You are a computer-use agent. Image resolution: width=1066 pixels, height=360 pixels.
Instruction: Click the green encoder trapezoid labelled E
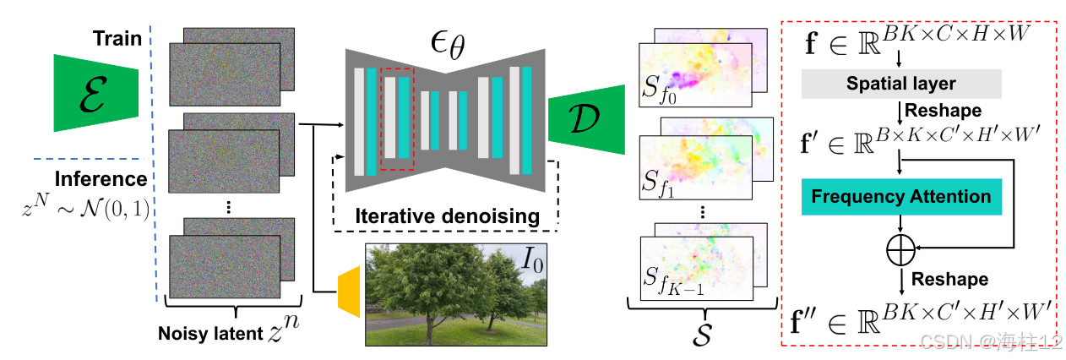(x=95, y=92)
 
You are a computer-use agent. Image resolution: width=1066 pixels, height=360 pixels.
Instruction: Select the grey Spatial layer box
(x=902, y=84)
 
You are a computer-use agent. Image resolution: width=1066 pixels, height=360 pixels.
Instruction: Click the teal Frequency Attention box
(x=901, y=197)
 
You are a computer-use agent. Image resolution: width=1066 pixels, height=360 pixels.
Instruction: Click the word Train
(x=117, y=40)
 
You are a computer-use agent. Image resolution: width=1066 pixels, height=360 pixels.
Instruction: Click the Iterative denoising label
(x=446, y=216)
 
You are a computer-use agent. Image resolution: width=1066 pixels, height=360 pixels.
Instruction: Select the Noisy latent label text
(x=212, y=333)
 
